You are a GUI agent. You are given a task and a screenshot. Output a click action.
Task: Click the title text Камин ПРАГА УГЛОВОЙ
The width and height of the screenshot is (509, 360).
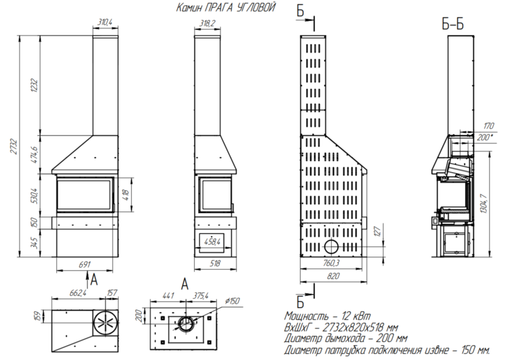pos(226,7)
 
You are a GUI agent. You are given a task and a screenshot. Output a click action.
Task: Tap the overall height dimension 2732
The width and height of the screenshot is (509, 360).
pos(14,147)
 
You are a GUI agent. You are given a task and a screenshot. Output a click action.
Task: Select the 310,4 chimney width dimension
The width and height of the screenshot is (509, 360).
pos(105,22)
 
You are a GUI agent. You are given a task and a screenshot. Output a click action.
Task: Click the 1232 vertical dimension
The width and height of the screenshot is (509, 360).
pos(35,86)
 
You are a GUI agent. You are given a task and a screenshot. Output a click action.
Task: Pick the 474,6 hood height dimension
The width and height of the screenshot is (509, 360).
pos(35,155)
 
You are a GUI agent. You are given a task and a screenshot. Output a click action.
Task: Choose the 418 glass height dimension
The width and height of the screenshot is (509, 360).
pos(126,195)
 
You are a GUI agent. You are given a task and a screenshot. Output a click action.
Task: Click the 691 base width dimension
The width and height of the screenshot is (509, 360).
pos(84,264)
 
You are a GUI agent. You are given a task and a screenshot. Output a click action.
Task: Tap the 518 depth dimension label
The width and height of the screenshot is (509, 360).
pos(215,263)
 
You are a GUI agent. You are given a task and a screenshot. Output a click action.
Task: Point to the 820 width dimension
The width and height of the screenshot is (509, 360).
pos(333,276)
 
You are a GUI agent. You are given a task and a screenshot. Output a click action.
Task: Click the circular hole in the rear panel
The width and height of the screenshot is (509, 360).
pos(332,247)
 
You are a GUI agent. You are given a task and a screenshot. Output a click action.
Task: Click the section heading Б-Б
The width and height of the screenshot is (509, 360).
pos(453,24)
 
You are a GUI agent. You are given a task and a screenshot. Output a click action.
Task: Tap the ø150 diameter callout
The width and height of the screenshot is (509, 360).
pos(232,301)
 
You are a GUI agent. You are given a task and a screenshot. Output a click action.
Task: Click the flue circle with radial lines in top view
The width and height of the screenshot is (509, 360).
pos(105,323)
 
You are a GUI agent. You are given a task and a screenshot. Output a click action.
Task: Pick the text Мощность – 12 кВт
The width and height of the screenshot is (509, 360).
pos(327,315)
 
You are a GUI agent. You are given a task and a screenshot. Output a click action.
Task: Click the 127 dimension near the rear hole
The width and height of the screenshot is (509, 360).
pos(377,232)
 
